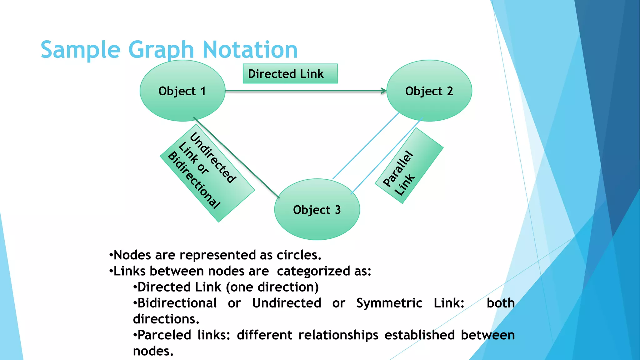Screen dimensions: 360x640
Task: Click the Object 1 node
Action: tap(182, 91)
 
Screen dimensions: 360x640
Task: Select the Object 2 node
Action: tap(429, 91)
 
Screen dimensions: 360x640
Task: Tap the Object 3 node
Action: tap(317, 210)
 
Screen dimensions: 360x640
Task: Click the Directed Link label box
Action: tap(290, 74)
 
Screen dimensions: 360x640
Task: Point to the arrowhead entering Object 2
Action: tap(383, 91)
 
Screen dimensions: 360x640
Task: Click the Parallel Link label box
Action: tap(409, 166)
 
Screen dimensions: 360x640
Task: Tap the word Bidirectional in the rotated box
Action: tap(194, 180)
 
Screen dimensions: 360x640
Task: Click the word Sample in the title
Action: tap(80, 50)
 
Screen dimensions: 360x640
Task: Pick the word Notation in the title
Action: tap(250, 50)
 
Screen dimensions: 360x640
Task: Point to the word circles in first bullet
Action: tap(298, 255)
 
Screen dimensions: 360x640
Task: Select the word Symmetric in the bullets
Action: tap(389, 303)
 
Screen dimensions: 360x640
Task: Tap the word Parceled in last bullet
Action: tap(164, 335)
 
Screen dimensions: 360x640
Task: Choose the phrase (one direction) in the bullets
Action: tap(272, 287)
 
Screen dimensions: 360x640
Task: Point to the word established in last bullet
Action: tap(419, 335)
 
